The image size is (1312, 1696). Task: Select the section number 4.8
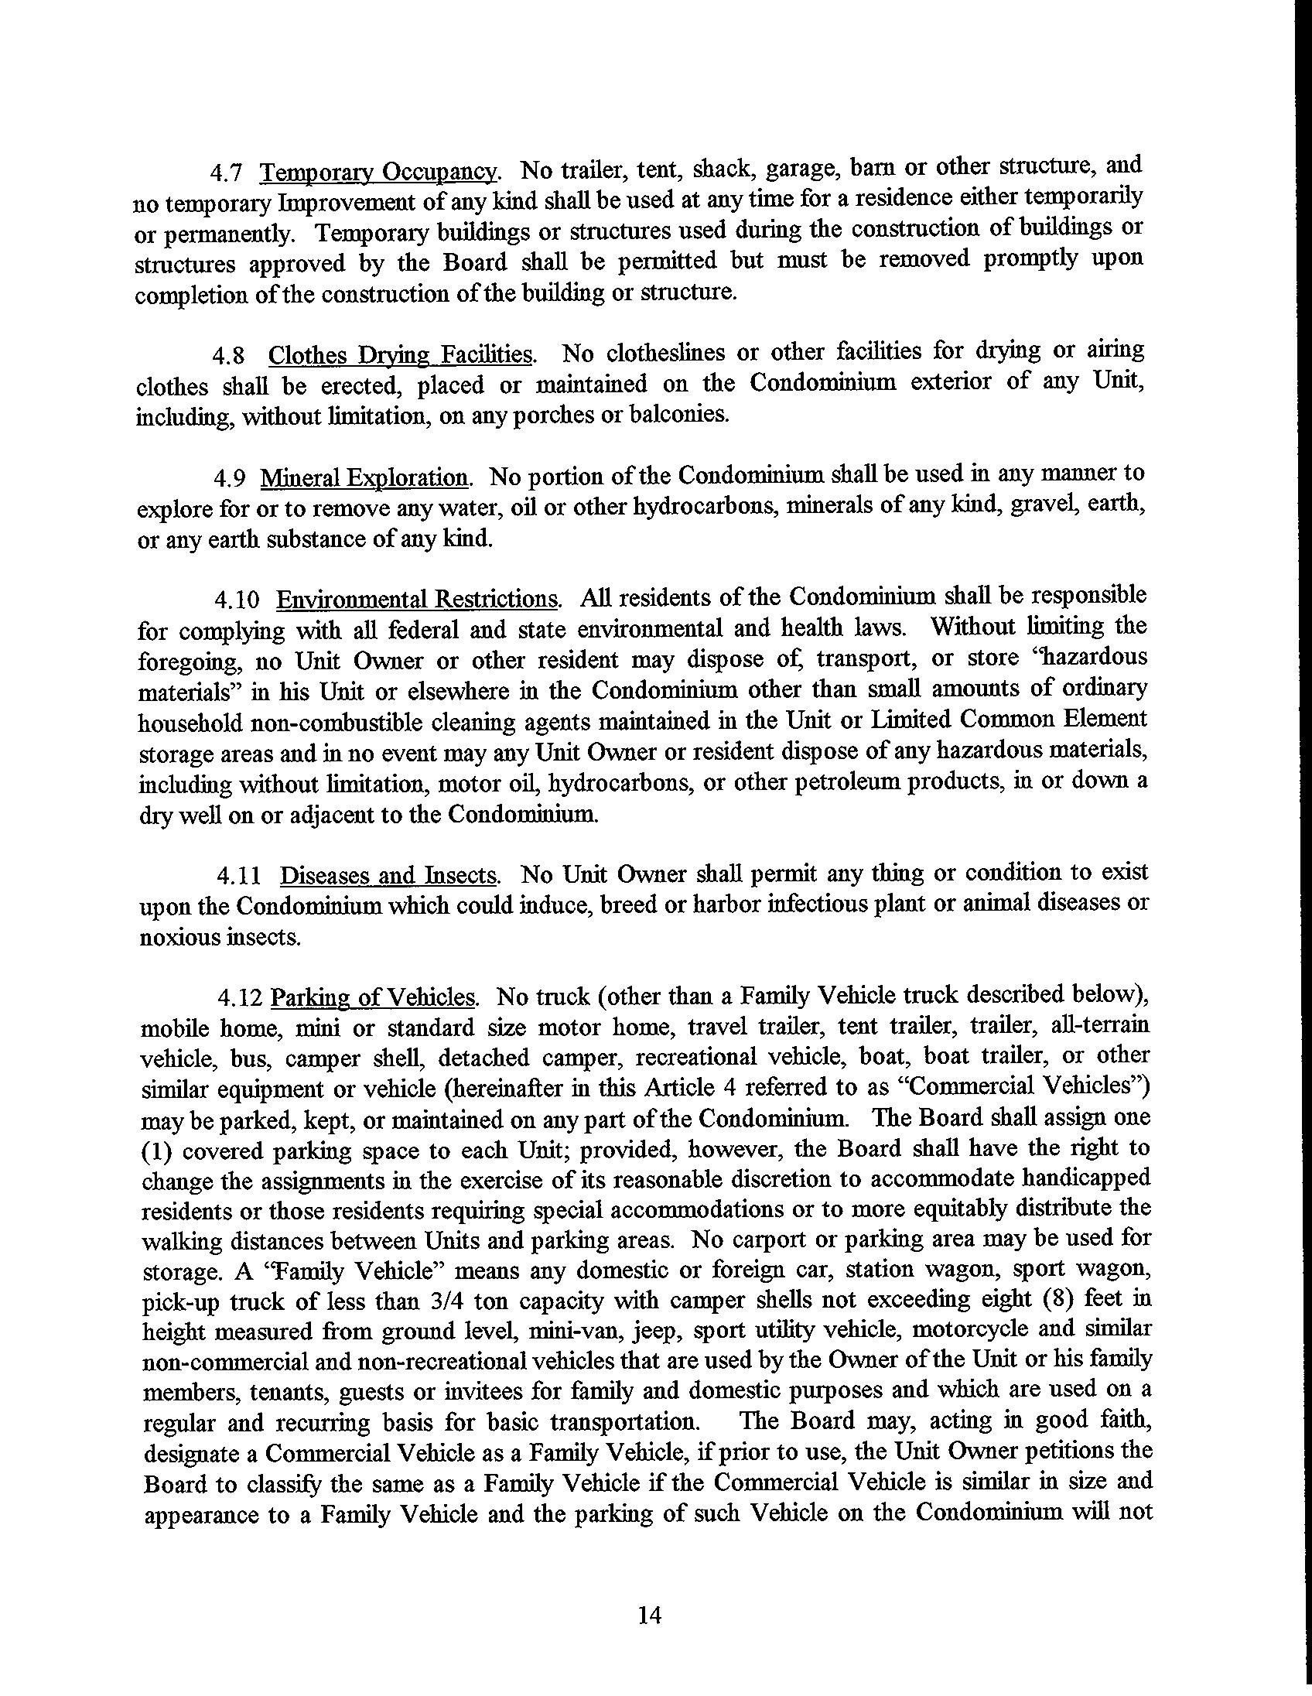(229, 357)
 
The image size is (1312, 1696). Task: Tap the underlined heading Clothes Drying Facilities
(401, 355)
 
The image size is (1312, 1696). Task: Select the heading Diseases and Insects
(388, 876)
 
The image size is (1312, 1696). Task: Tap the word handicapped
(1086, 1178)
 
